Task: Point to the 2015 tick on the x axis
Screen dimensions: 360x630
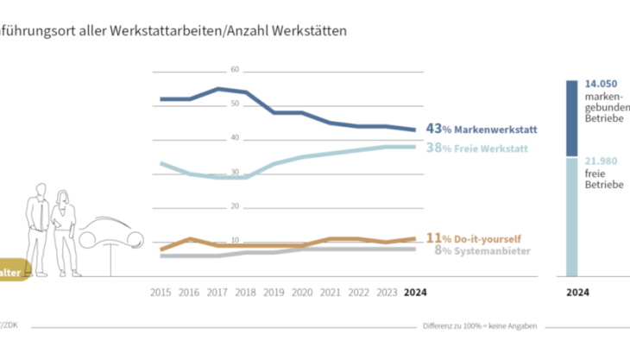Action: pos(161,291)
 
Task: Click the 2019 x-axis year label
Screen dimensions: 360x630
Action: pos(274,291)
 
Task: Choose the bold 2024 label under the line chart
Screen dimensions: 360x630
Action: pos(414,291)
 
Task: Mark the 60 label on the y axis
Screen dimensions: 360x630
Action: pos(234,70)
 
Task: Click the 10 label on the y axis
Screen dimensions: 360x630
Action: pos(234,241)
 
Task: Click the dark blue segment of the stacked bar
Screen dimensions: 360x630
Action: pos(571,119)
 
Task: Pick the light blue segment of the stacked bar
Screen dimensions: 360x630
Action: pos(571,216)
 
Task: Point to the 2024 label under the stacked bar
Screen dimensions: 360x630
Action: pos(577,293)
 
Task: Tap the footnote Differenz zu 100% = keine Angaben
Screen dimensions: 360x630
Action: pos(480,326)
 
